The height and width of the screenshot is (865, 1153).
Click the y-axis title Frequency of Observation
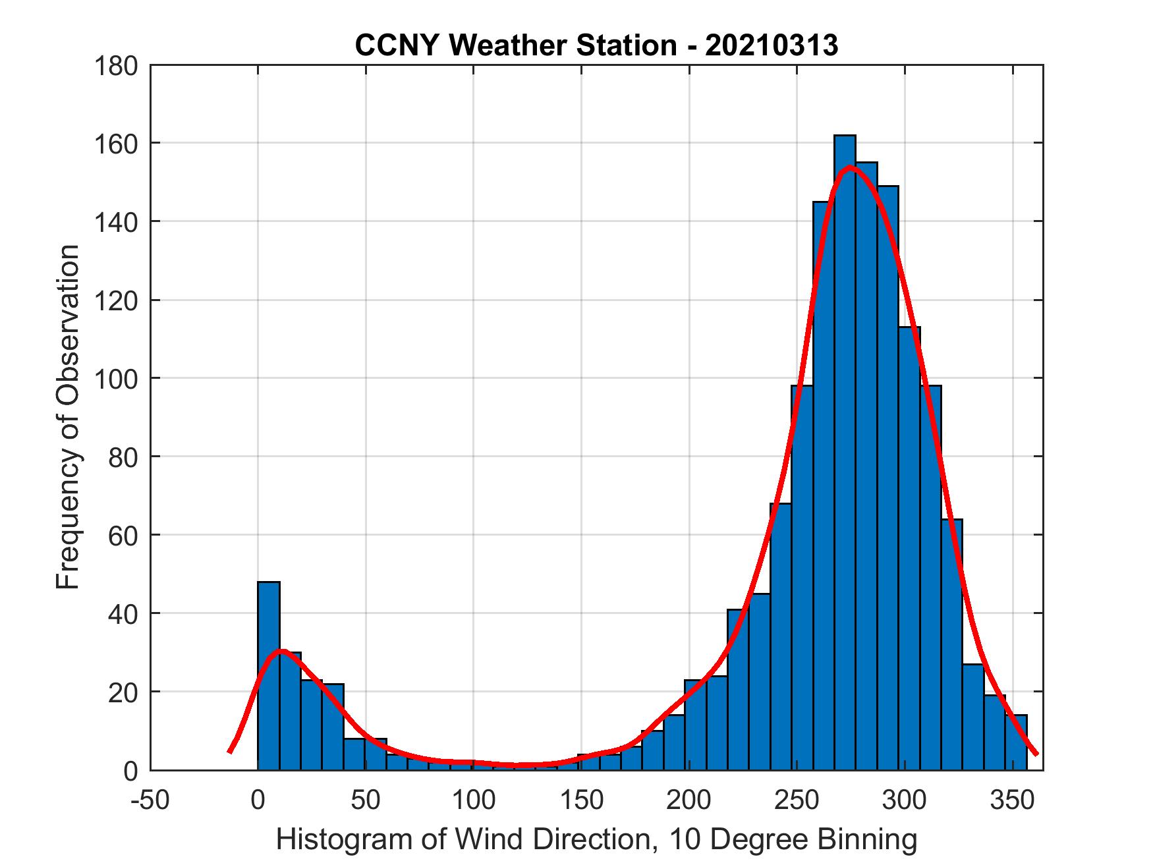pos(68,417)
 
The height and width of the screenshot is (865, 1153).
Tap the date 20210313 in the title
pos(772,45)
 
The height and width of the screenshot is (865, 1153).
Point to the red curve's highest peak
pos(850,167)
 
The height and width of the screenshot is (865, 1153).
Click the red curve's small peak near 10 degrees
pos(281,651)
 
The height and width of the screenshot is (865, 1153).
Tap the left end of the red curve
pos(229,751)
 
